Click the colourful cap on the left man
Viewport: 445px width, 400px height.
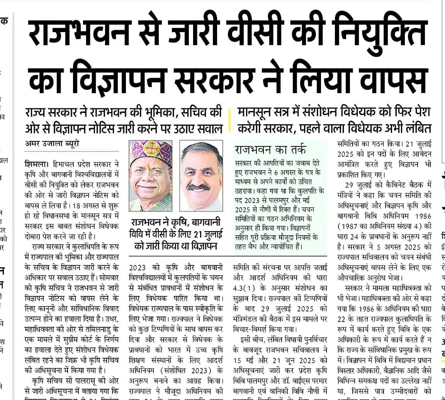[x=151, y=155]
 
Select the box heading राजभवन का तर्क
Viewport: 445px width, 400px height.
[x=270, y=149]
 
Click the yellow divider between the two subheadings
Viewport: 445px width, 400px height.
[x=230, y=118]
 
